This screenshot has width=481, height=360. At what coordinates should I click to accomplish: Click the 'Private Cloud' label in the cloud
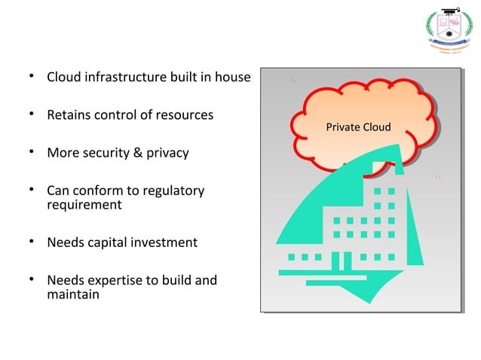[x=358, y=127]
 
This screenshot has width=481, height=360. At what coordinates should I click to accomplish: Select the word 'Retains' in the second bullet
[x=69, y=115]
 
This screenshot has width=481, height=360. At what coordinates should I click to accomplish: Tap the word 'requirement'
[x=84, y=205]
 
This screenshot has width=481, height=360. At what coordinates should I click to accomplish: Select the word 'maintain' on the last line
[x=73, y=294]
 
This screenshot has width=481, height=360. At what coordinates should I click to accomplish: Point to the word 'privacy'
[x=166, y=154]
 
